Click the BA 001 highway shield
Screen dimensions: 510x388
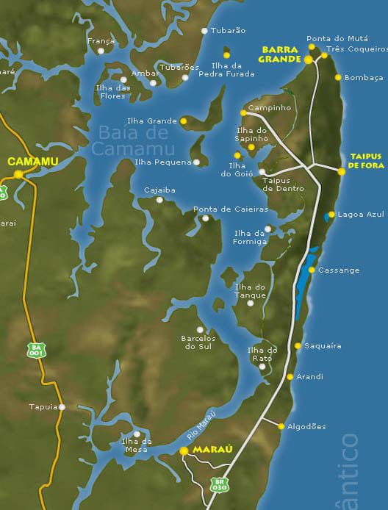tap(35, 350)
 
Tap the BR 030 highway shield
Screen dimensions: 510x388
tap(218, 484)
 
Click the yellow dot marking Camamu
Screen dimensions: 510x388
tap(18, 174)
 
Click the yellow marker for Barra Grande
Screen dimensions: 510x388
tap(309, 60)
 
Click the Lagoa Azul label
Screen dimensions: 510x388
tap(361, 215)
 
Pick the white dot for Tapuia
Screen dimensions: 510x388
tap(62, 406)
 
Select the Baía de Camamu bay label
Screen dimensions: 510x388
tap(132, 140)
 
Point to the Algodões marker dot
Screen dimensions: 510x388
tap(281, 426)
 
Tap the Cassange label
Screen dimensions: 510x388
tap(339, 270)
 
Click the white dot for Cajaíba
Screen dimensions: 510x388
tap(159, 199)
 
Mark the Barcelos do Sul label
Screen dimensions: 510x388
tap(196, 342)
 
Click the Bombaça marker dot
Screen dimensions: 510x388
tap(338, 77)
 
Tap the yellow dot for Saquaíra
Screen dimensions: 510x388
tap(298, 345)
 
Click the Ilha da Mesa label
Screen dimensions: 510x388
tap(137, 445)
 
